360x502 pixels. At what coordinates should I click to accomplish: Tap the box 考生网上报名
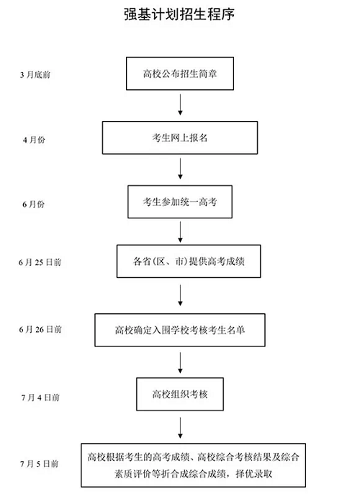179,138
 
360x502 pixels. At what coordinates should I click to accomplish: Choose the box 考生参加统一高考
179,202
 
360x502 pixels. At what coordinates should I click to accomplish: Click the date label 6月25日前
41,263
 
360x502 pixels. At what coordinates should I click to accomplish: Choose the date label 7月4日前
38,396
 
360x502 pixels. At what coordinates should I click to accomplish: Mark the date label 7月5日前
38,463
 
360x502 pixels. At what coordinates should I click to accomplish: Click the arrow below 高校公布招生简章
179,105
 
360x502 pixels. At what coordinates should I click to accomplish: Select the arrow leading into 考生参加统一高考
179,170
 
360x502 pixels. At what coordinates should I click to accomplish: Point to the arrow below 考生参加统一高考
179,232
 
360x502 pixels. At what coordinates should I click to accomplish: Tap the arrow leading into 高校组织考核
179,363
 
